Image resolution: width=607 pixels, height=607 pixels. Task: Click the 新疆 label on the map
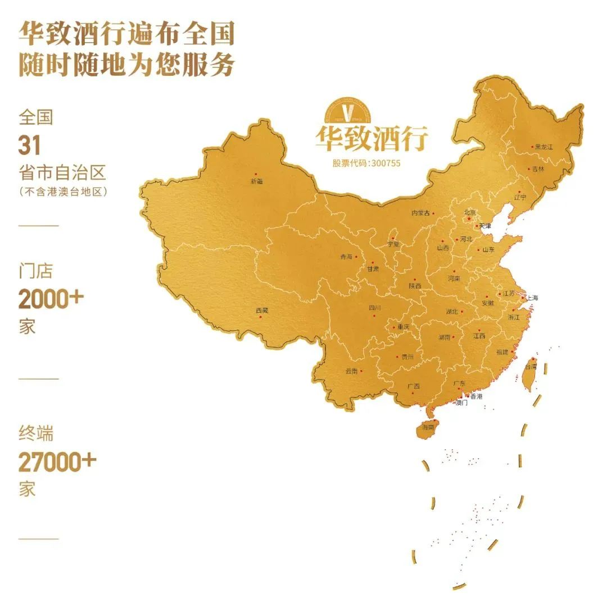coord(256,181)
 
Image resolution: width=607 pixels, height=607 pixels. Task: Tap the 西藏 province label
coord(261,311)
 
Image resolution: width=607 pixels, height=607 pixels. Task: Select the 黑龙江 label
coord(544,147)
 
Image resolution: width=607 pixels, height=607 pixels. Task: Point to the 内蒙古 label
coord(420,213)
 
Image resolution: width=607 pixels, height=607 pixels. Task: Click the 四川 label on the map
coord(374,308)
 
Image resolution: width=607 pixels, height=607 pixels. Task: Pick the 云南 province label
coord(351,371)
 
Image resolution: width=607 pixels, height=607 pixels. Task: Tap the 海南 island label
coord(428,428)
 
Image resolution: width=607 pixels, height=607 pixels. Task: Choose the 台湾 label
coord(531,367)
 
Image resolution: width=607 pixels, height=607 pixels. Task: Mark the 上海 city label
coord(532,298)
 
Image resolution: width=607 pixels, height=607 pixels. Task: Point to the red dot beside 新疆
coord(255,175)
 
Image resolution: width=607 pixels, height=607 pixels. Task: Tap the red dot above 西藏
coord(260,317)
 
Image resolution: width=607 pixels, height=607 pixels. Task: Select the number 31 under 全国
coord(30,145)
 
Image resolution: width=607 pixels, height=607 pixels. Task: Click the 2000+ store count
coord(51,299)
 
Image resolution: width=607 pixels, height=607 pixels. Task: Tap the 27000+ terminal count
coord(57,462)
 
